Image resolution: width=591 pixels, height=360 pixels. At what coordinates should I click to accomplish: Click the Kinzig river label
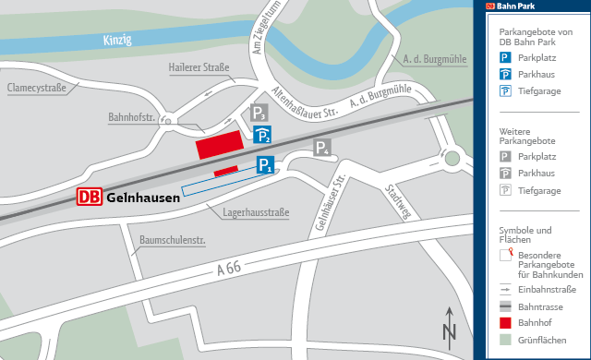117,39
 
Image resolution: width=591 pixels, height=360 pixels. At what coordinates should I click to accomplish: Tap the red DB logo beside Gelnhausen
90,197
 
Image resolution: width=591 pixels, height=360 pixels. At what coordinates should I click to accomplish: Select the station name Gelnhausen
143,198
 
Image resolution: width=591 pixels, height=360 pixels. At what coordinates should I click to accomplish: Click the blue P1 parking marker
265,165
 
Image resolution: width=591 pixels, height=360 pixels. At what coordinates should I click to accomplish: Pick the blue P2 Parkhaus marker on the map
263,136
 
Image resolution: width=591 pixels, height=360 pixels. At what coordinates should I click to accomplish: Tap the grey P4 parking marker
322,148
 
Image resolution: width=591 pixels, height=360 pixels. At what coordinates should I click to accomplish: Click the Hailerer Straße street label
199,67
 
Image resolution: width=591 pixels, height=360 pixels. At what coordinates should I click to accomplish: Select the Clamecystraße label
38,88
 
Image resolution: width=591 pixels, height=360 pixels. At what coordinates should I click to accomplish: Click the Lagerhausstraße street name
257,213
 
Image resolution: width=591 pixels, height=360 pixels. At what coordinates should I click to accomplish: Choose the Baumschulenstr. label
172,242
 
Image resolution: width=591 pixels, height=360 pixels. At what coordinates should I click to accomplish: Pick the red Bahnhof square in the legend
505,323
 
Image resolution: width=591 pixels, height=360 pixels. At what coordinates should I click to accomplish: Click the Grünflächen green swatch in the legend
505,341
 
